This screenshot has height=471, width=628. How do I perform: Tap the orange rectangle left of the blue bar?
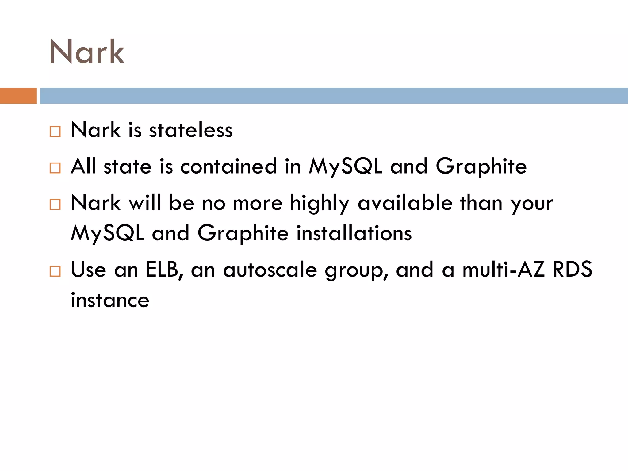point(18,96)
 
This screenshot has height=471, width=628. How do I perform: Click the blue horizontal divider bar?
point(334,96)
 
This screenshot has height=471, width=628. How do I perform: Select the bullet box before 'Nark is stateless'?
point(55,132)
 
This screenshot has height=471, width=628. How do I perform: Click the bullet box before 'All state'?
point(55,168)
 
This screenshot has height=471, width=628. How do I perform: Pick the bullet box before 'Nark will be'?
point(55,205)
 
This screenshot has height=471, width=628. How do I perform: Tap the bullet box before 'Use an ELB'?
point(55,271)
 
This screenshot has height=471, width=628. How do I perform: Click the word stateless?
point(191,130)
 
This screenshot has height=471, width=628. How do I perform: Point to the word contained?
point(228,167)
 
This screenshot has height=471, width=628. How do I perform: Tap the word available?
point(405,203)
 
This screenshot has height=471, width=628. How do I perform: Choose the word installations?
point(354,233)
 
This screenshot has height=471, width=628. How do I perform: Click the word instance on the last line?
point(110,300)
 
